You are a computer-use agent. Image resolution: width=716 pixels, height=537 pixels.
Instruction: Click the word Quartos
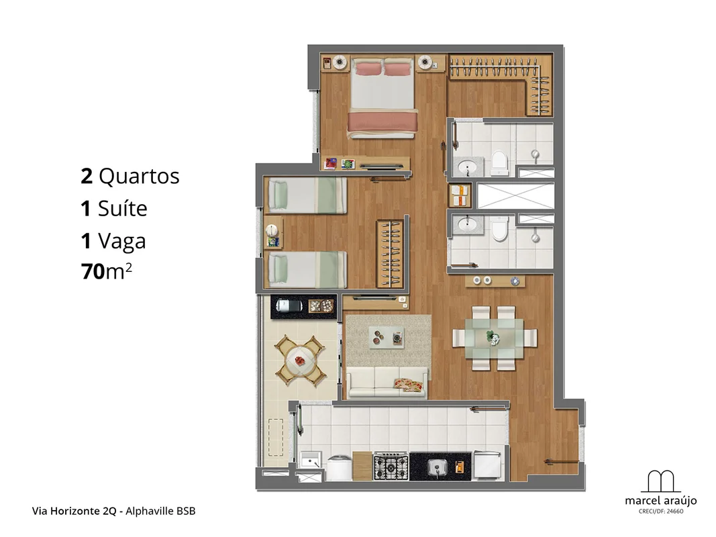point(140,177)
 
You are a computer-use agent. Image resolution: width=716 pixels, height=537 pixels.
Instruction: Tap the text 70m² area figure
point(107,271)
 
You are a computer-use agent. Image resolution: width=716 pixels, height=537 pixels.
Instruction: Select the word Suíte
point(122,209)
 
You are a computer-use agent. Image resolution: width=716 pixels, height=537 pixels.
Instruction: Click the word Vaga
point(122,241)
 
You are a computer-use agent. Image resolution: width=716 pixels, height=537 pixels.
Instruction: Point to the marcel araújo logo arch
point(661,481)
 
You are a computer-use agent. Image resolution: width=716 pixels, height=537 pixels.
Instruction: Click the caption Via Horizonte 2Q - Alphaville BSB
point(113,511)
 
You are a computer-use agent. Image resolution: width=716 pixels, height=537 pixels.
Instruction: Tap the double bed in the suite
point(382,97)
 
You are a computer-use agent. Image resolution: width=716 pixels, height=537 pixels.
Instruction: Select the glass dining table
point(495,338)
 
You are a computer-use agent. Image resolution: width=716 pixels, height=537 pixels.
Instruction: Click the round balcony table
point(299,360)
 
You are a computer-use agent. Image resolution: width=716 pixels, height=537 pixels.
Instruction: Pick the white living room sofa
point(387,382)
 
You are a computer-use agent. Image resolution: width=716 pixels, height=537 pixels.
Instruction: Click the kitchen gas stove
point(391,467)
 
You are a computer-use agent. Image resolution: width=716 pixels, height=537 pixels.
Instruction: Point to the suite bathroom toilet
point(499,163)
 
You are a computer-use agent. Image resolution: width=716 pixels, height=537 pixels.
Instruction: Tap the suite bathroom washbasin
point(467,166)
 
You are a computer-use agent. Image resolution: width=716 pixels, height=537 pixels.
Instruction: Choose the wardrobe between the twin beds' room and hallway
point(390,254)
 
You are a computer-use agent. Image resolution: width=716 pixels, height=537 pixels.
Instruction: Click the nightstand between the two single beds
point(272,233)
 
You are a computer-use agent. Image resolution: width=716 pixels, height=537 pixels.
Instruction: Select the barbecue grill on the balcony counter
point(289,305)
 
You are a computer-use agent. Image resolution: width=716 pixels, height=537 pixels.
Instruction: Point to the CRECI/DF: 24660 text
point(661,511)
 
